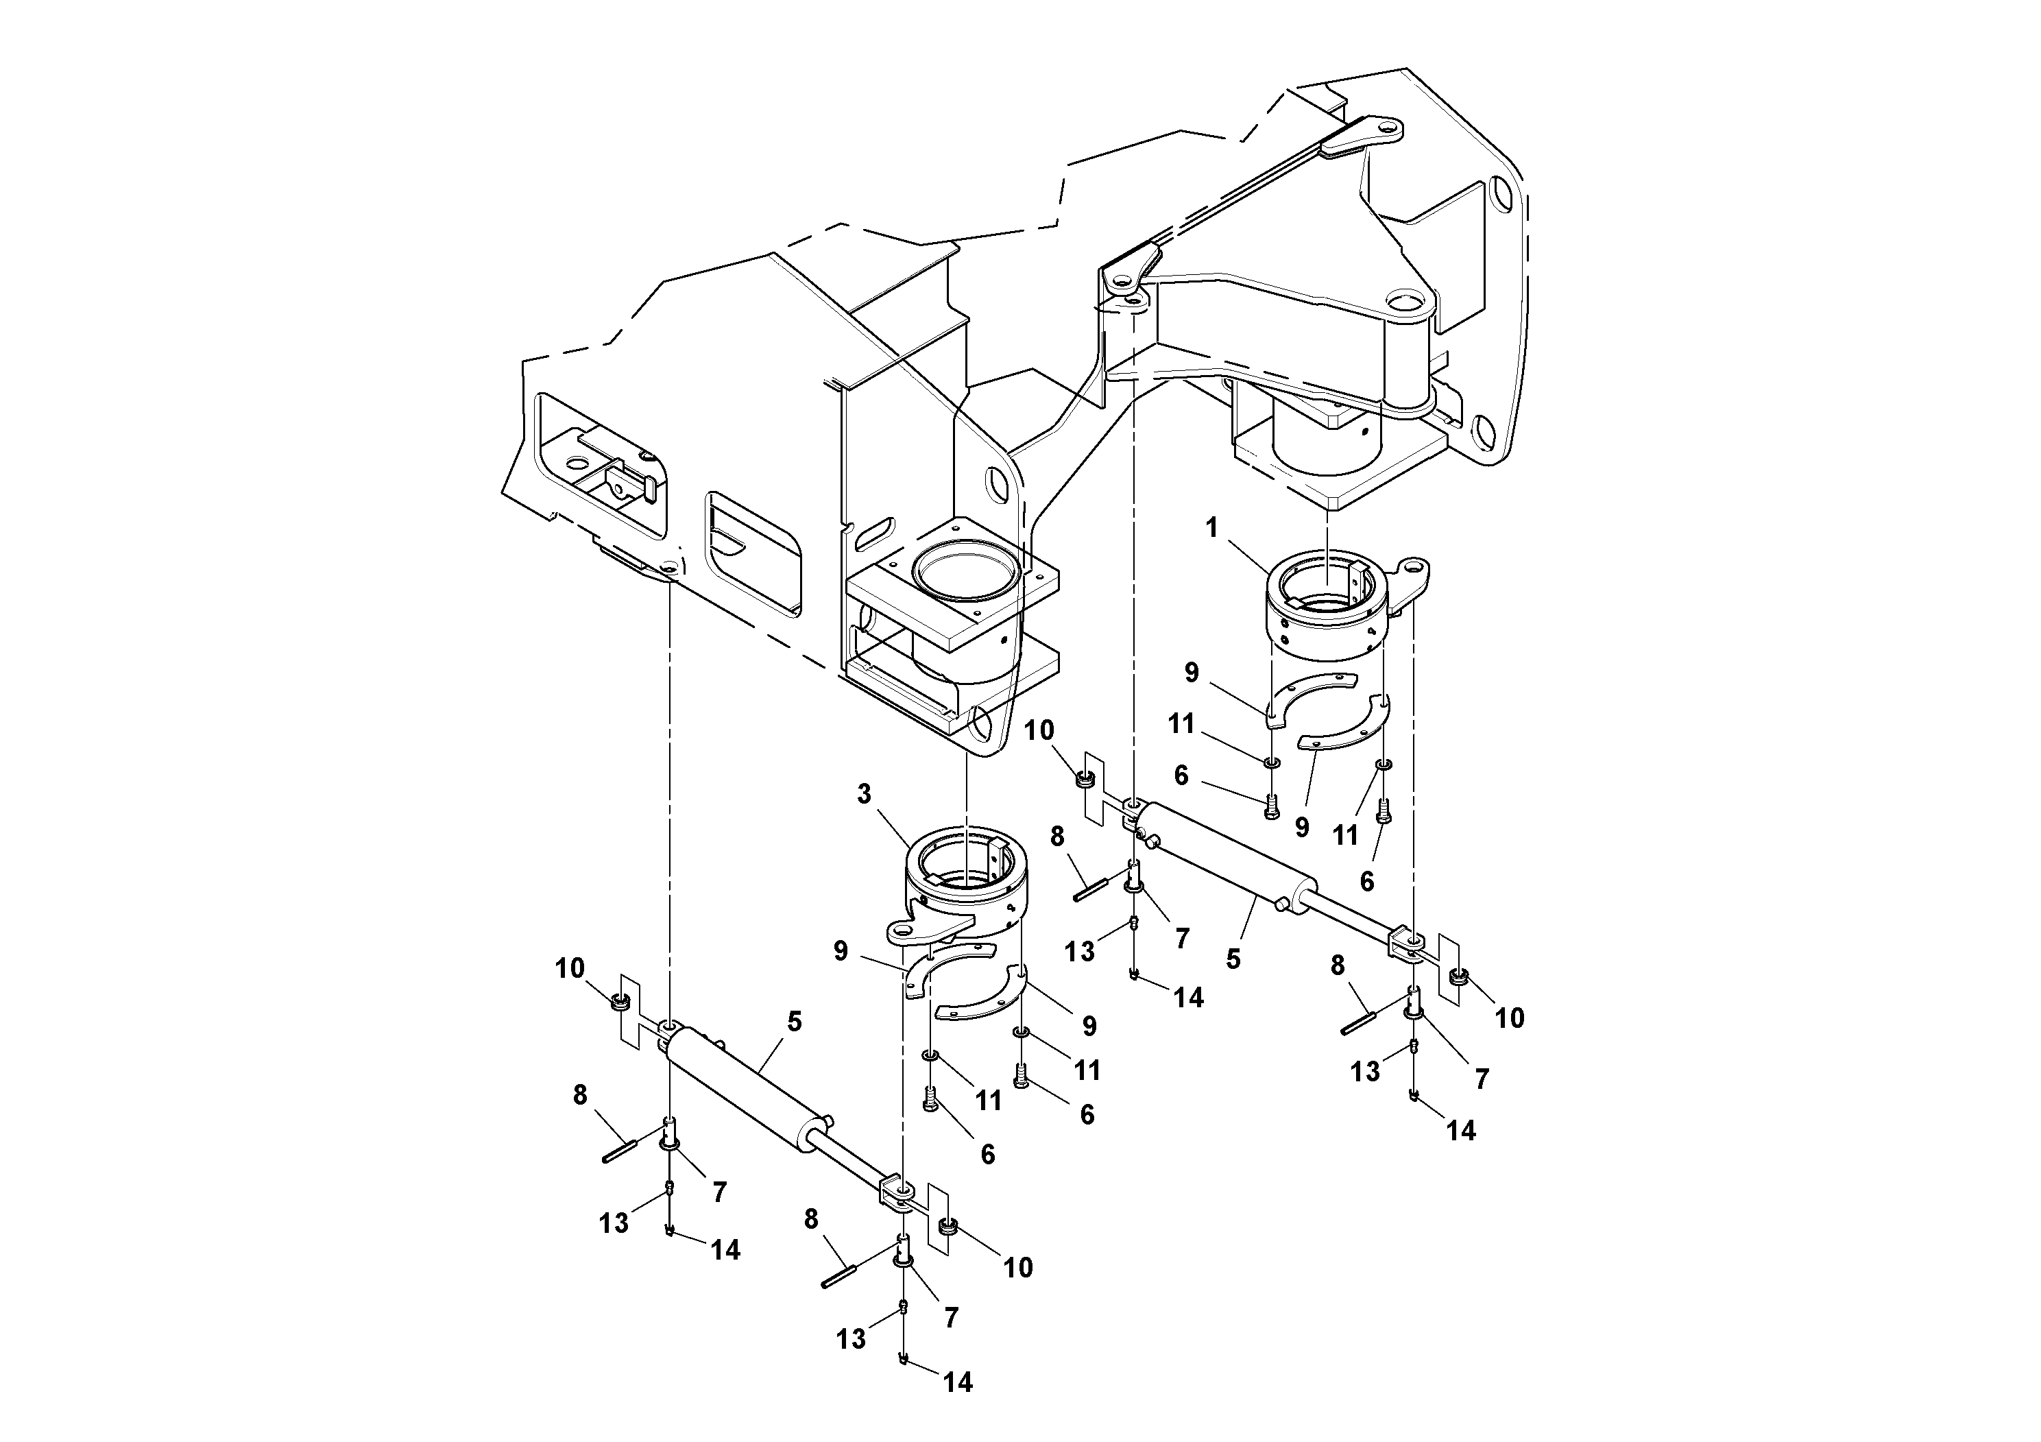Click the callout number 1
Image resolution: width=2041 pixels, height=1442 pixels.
[1211, 528]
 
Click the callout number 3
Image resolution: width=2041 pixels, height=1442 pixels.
[864, 794]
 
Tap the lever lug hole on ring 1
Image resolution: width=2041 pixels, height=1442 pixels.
[1414, 567]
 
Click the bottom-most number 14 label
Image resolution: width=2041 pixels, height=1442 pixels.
[957, 1382]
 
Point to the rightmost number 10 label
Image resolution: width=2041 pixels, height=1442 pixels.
[1510, 1018]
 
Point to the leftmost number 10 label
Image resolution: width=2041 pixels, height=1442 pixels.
[570, 968]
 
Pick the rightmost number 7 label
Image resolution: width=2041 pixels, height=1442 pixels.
[1481, 1079]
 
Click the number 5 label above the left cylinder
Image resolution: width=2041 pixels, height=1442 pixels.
[794, 1022]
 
